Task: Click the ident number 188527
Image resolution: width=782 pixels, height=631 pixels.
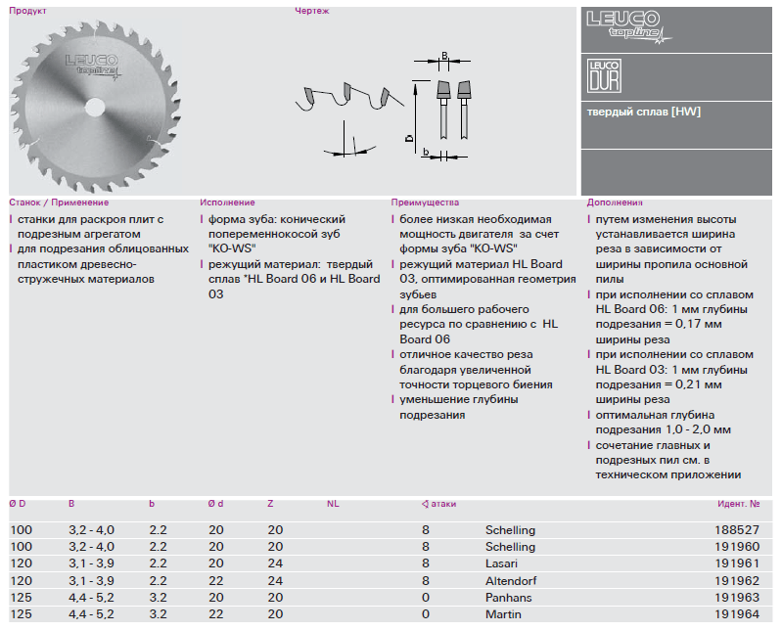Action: pyautogui.click(x=741, y=529)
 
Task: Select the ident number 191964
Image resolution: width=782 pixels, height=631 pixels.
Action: pyautogui.click(x=741, y=614)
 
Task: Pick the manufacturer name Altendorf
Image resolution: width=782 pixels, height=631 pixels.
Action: pyautogui.click(x=510, y=580)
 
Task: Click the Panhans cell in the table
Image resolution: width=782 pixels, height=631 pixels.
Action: pyautogui.click(x=507, y=597)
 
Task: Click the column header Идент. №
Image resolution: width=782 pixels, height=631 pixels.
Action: pyautogui.click(x=738, y=504)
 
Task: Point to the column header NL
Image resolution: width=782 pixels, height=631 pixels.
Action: pyautogui.click(x=333, y=504)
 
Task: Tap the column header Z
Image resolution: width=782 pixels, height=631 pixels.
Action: pyautogui.click(x=270, y=504)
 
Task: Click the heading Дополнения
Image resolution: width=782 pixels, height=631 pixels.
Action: pyautogui.click(x=615, y=203)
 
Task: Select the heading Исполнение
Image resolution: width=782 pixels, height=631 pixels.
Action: pyautogui.click(x=227, y=203)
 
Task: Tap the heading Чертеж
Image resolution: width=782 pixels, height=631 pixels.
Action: pyautogui.click(x=312, y=12)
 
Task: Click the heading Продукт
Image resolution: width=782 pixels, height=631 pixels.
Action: pyautogui.click(x=28, y=12)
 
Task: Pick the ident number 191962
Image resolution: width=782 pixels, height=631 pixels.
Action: pyautogui.click(x=741, y=580)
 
